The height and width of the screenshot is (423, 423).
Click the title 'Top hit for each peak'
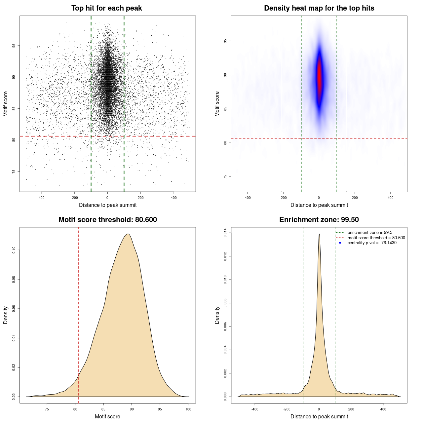click(x=106, y=8)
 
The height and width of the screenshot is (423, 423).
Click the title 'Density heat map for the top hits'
click(x=319, y=8)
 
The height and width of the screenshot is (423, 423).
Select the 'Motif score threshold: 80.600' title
click(x=107, y=220)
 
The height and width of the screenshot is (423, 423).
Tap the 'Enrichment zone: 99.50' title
click(x=319, y=220)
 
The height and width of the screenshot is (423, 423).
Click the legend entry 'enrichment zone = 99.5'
click(x=369, y=233)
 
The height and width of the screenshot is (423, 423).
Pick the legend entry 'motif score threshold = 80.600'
click(x=376, y=238)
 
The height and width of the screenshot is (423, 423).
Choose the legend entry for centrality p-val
click(x=372, y=243)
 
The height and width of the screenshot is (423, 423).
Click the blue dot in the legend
click(x=340, y=243)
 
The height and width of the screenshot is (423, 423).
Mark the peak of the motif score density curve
click(x=128, y=234)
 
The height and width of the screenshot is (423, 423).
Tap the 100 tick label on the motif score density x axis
click(x=188, y=409)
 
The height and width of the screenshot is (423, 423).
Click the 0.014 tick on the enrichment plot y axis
click(x=225, y=233)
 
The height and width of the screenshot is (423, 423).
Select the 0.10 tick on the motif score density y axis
click(x=14, y=250)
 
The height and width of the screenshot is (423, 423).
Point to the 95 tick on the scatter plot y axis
click(x=14, y=46)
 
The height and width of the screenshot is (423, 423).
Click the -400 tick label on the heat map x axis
click(x=247, y=198)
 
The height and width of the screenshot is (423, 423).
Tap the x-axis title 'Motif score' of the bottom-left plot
click(x=107, y=416)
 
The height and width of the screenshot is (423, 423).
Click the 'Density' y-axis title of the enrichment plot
click(x=217, y=315)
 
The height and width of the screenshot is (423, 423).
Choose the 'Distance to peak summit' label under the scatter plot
click(x=108, y=205)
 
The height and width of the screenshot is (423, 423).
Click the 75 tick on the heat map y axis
click(x=225, y=177)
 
